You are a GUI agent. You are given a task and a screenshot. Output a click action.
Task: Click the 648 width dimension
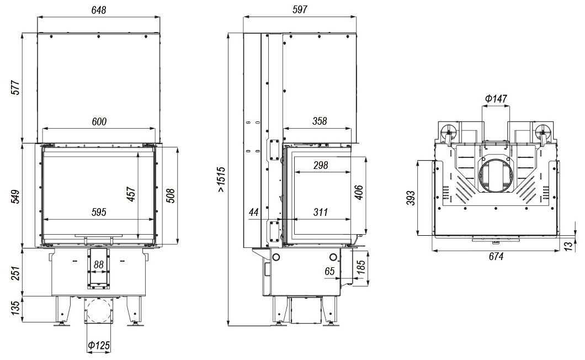click(x=98, y=10)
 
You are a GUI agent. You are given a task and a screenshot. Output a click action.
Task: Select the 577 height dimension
click(x=15, y=88)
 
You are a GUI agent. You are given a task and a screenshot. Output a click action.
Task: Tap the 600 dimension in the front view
click(x=99, y=121)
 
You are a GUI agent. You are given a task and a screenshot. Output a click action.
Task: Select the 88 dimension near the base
click(x=98, y=264)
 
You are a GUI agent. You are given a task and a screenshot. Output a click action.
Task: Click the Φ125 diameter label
click(x=98, y=346)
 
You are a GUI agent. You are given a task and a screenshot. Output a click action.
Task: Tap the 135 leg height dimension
click(x=15, y=309)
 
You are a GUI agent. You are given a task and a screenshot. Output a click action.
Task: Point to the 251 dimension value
click(x=15, y=272)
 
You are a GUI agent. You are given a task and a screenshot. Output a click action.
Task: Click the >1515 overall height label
click(x=221, y=180)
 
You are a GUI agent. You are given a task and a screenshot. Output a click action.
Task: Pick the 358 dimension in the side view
click(x=318, y=121)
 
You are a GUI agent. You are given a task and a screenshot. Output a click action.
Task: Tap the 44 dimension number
click(x=254, y=213)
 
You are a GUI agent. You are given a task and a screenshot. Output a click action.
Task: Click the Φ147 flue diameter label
click(x=496, y=99)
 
